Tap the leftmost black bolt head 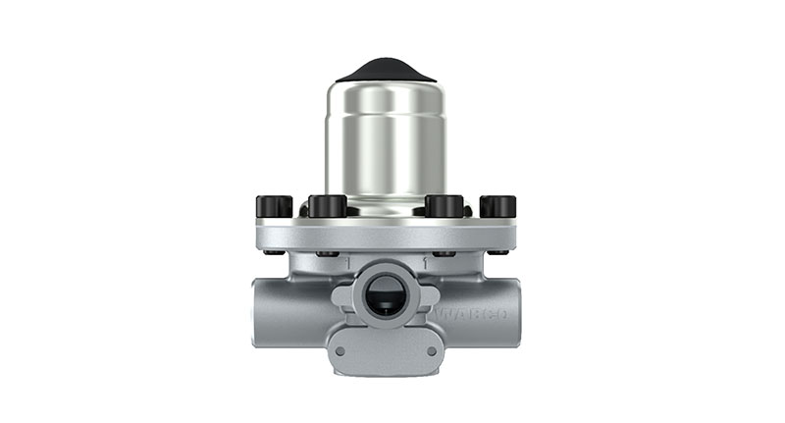click(274, 207)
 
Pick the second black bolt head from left click(327, 206)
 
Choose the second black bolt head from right click(444, 206)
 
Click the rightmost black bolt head click(497, 207)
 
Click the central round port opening click(385, 293)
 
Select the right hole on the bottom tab click(431, 350)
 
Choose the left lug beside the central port click(340, 294)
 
